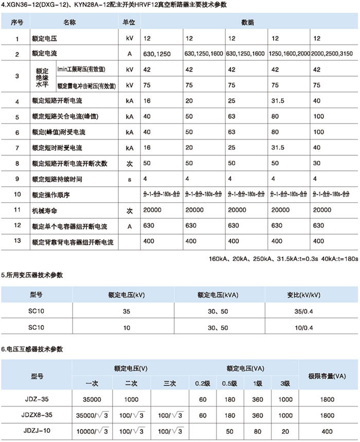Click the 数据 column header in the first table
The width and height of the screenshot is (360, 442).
[246, 24]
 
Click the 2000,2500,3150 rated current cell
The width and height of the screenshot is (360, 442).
[333, 53]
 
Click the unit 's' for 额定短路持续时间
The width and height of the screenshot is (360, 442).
[129, 179]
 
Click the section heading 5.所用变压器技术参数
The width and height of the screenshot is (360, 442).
[32, 275]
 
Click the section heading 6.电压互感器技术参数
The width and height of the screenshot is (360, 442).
[32, 349]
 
